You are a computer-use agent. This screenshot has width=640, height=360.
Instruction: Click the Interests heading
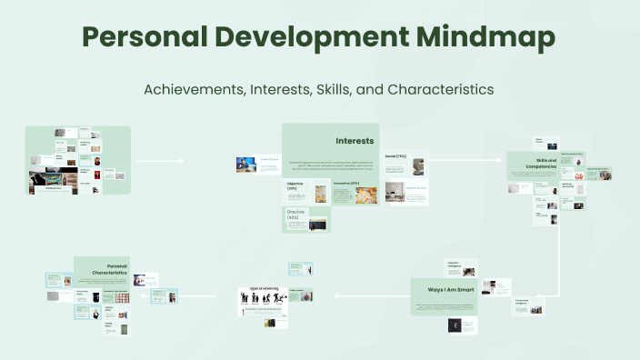(x=355, y=141)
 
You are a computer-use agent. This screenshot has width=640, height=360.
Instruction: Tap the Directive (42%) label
(x=294, y=215)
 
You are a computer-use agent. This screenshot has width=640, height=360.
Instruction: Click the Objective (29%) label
(x=295, y=188)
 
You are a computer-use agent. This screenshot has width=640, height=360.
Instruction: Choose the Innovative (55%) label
(x=346, y=183)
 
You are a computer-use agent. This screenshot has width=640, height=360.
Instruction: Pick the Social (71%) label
(x=395, y=156)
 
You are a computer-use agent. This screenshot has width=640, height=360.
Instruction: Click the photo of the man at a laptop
(x=245, y=165)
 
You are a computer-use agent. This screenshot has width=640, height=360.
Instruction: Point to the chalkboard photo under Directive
(x=317, y=224)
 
